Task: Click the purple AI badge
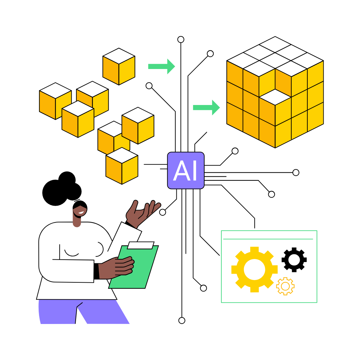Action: [x=186, y=170]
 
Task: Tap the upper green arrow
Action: [x=161, y=66]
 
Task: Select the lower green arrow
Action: [x=206, y=107]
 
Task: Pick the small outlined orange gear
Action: [x=285, y=286]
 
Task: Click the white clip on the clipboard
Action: [x=140, y=245]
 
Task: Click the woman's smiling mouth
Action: [x=81, y=213]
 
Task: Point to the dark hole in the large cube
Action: [x=275, y=96]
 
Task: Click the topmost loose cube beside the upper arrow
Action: [x=119, y=66]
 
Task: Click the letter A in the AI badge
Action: [x=181, y=171]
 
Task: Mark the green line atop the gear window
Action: [x=268, y=239]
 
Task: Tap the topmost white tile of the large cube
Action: [x=275, y=44]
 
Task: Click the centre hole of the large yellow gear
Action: [x=254, y=269]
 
